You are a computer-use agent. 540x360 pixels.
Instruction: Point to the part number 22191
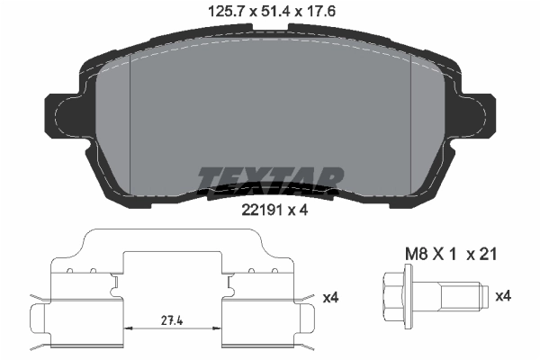pyautogui.click(x=256, y=212)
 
